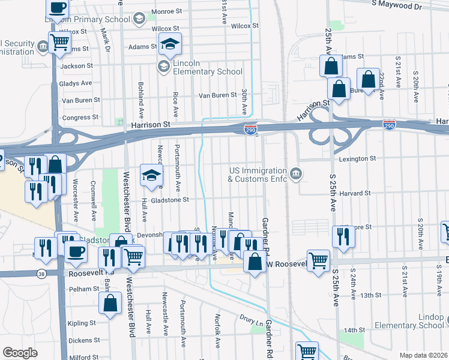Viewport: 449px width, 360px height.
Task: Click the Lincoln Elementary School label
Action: (x=207, y=68)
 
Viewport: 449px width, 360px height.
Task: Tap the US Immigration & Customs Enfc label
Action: (x=258, y=175)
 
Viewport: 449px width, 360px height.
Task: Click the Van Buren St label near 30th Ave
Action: (x=218, y=95)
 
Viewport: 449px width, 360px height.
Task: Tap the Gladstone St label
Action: (x=170, y=200)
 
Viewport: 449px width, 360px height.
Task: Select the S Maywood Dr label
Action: (x=397, y=5)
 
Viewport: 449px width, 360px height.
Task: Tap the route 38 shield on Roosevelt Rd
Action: (x=41, y=274)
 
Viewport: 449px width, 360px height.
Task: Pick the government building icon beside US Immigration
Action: (x=295, y=175)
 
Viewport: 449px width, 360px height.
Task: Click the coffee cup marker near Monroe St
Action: (x=57, y=8)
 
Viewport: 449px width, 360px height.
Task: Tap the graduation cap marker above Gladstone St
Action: (x=151, y=175)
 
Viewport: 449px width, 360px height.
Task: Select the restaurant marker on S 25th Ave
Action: (x=343, y=235)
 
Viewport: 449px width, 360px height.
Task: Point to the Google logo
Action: (x=20, y=353)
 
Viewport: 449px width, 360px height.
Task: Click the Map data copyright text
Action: (x=423, y=355)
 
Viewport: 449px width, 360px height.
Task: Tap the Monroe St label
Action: (x=167, y=11)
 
